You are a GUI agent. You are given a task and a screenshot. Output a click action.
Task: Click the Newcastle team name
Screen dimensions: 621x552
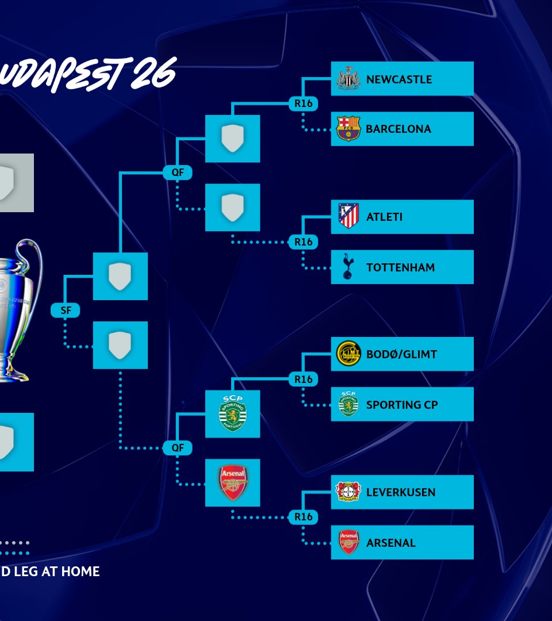click(398, 79)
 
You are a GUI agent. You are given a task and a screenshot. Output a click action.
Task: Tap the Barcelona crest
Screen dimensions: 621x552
click(348, 129)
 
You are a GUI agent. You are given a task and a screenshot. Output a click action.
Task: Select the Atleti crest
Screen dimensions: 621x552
click(348, 217)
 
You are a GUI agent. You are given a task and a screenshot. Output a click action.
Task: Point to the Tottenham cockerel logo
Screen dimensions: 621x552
click(348, 267)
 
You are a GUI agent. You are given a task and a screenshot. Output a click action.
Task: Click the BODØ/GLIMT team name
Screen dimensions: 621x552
click(401, 354)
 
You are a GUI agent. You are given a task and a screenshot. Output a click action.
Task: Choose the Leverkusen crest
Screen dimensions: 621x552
click(348, 492)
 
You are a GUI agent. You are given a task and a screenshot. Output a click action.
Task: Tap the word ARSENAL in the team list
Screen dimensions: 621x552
click(390, 543)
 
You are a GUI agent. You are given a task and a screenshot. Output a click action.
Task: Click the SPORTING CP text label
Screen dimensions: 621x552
click(402, 405)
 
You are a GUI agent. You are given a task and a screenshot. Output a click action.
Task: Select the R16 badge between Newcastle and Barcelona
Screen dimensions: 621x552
click(303, 103)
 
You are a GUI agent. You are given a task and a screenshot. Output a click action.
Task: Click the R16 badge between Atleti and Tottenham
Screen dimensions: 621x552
click(303, 242)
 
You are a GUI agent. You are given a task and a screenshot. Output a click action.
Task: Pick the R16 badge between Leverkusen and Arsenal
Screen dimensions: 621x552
click(303, 517)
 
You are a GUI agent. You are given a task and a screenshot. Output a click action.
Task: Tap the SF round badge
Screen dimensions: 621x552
click(66, 310)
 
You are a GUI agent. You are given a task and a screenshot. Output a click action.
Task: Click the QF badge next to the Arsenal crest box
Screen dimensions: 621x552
click(177, 448)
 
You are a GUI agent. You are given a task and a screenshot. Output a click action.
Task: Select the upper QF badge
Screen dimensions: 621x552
click(177, 172)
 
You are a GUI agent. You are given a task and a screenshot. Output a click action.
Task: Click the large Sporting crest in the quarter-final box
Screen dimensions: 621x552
click(232, 414)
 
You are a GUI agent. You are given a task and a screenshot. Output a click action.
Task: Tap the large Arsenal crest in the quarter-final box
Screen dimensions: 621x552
click(232, 482)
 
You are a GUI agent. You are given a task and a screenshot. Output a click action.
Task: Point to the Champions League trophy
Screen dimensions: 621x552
click(17, 310)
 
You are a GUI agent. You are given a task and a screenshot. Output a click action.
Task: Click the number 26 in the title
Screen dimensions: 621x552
click(152, 75)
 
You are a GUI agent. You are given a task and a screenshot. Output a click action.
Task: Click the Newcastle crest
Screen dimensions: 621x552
click(348, 79)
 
